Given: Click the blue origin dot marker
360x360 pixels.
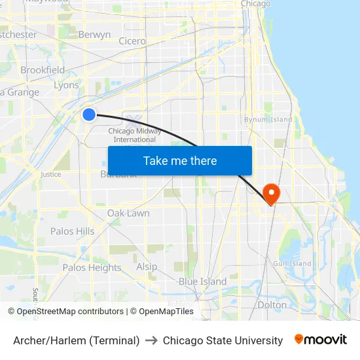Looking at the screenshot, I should [89, 115].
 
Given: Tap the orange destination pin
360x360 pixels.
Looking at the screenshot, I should [270, 192].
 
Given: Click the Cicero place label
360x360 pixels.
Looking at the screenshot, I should [132, 41].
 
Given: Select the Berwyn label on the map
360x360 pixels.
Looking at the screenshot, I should [94, 35].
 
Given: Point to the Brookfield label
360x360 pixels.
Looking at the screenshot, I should [43, 70].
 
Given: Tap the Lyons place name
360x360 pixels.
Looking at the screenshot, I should [66, 85].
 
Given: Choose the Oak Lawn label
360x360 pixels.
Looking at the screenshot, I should [128, 213].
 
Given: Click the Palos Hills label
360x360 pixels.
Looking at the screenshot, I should [72, 231].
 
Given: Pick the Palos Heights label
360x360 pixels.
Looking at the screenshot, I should [92, 267].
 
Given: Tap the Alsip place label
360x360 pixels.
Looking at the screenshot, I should [147, 266].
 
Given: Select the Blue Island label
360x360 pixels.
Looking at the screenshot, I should [202, 281].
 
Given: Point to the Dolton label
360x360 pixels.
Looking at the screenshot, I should [272, 304].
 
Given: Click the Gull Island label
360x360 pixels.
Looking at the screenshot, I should [291, 264].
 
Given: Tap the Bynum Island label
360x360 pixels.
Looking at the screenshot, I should [268, 120].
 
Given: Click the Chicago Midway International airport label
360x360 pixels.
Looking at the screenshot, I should [134, 135].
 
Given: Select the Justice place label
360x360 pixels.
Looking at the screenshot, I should [50, 174].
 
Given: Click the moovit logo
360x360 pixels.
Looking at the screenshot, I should [320, 340].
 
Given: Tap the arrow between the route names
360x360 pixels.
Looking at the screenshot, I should [151, 340].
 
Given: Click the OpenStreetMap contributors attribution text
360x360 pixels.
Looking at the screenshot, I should [70, 312].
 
